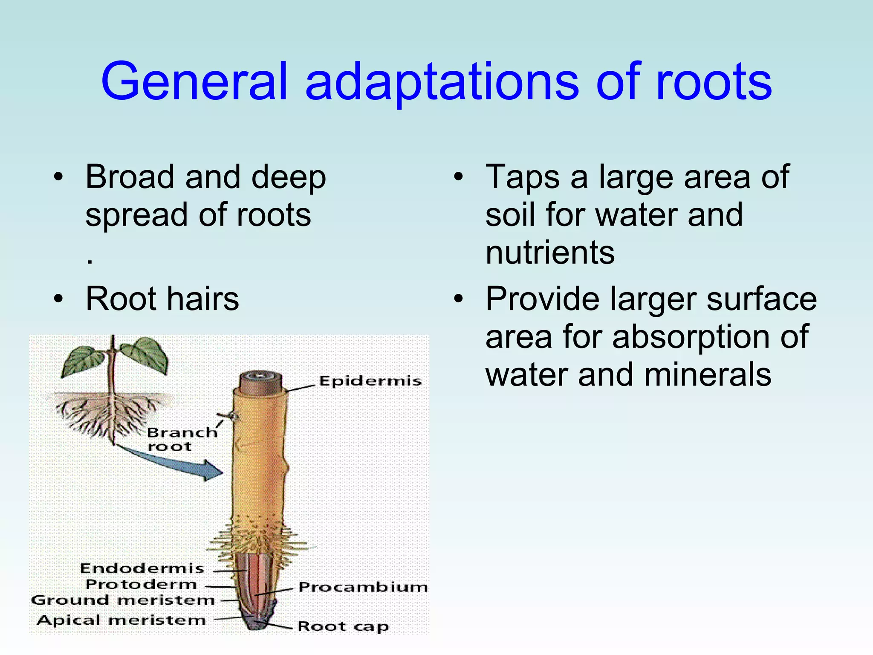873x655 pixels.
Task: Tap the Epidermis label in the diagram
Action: pyautogui.click(x=370, y=381)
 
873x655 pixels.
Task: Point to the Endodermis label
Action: pyautogui.click(x=142, y=568)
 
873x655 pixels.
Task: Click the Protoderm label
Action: pyautogui.click(x=141, y=584)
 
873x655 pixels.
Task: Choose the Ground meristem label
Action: pyautogui.click(x=123, y=600)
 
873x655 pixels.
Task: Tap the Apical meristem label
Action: pyautogui.click(x=121, y=620)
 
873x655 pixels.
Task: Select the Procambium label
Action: pyautogui.click(x=363, y=587)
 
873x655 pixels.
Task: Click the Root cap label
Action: pyautogui.click(x=343, y=626)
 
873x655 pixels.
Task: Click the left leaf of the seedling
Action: pyautogui.click(x=83, y=360)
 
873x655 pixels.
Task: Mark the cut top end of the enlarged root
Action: pyautogui.click(x=260, y=380)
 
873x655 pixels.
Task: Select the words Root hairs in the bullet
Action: pyautogui.click(x=162, y=299)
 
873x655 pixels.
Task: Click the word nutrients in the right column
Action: pyautogui.click(x=550, y=252)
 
